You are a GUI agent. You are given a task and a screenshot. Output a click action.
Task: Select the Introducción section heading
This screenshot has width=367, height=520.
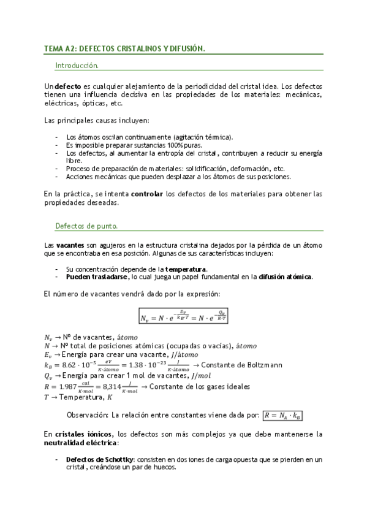pos(77,65)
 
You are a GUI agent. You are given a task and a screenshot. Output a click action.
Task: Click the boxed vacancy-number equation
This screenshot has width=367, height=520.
pos(190,317)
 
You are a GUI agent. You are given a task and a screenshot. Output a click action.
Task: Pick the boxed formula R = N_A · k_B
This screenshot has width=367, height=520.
pos(282,415)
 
